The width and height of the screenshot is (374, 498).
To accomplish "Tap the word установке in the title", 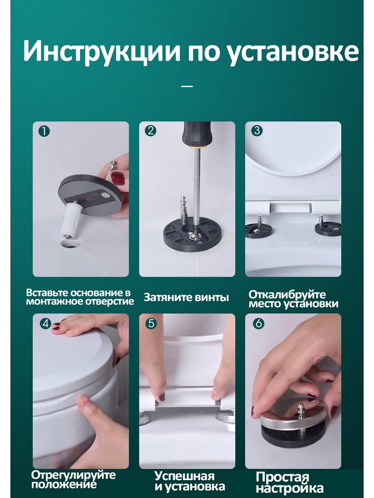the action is (293, 53).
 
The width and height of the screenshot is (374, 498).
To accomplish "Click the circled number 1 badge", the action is (44, 131).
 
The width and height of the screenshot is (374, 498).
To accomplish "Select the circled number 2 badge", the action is (150, 131).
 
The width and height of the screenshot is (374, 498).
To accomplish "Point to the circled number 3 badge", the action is (257, 131).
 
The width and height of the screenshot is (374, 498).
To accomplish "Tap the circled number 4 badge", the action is (46, 324).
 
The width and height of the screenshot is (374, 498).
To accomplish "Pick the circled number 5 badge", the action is (151, 323).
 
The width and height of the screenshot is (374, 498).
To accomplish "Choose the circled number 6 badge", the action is (258, 323).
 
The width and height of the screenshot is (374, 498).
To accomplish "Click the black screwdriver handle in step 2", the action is (198, 135).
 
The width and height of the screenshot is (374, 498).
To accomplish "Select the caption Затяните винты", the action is (187, 297).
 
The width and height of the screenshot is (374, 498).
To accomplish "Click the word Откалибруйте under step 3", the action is (287, 295).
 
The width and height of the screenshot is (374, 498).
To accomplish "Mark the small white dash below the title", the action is (187, 86).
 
